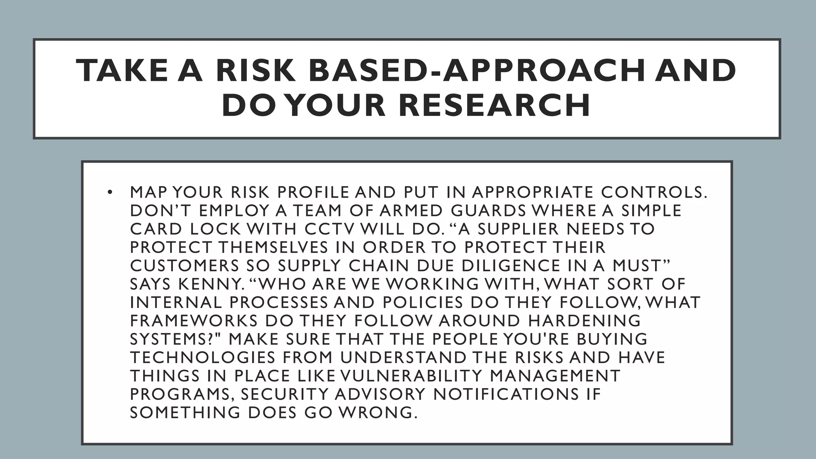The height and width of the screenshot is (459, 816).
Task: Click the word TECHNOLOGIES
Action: [x=203, y=357]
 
